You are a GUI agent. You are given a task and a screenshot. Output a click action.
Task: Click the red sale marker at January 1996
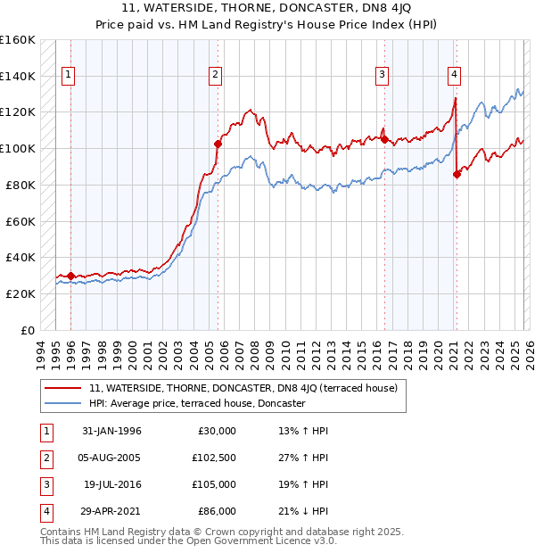point(70,276)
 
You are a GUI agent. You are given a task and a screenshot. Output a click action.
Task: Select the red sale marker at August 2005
point(217,143)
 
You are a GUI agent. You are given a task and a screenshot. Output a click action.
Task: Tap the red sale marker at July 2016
point(384,138)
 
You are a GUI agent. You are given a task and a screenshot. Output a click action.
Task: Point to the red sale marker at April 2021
point(457,174)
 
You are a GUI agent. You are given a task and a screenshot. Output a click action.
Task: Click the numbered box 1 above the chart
point(68,76)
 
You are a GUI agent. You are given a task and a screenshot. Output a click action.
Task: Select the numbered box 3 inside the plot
point(381,76)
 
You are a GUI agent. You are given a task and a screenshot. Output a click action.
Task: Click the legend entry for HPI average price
point(197,404)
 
